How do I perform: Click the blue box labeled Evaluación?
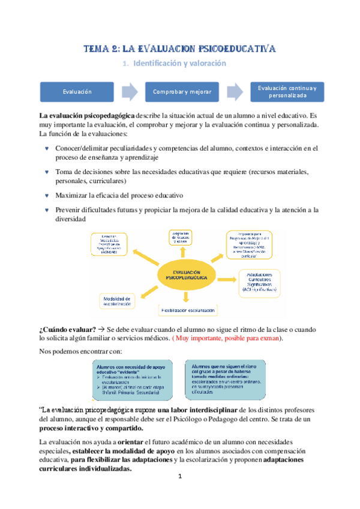tap(76, 92)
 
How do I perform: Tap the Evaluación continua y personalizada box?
tap(287, 92)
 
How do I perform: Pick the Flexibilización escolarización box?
tap(188, 310)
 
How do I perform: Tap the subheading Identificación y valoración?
tap(179, 63)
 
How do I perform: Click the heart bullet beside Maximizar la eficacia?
tap(46, 196)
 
